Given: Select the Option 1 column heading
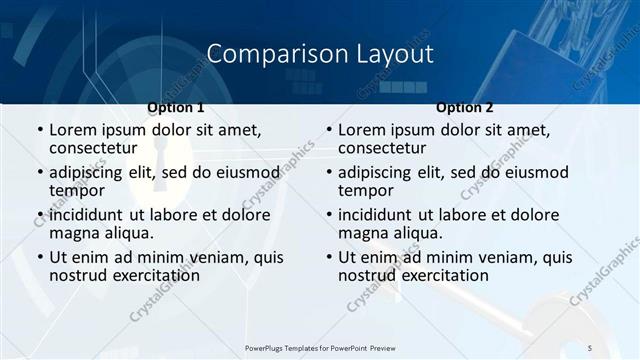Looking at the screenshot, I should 176,108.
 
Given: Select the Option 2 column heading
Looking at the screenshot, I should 465,108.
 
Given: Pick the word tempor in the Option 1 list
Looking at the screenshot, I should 77,190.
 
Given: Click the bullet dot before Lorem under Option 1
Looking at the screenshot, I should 40,130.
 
